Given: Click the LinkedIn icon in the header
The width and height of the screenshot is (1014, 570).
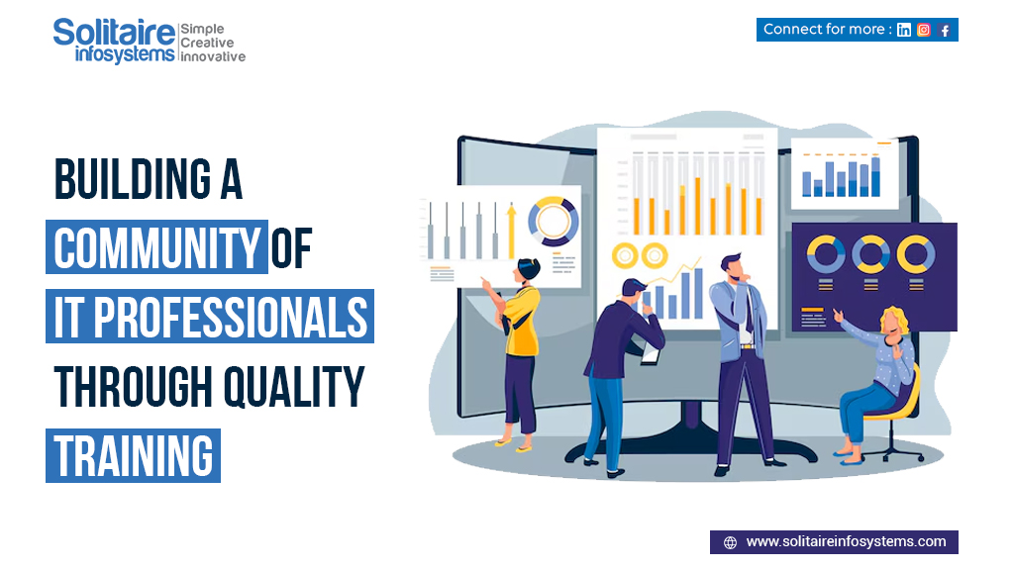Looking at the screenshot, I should click(904, 30).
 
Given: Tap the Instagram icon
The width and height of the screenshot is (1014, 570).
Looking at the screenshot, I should click(924, 30).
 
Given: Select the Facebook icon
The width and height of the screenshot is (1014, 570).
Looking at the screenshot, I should click(945, 30).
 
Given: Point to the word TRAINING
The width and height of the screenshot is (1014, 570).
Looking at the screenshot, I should click(134, 455).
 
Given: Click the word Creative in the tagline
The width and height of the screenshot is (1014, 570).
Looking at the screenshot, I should click(207, 44).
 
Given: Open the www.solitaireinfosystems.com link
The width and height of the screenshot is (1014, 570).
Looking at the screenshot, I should click(846, 541).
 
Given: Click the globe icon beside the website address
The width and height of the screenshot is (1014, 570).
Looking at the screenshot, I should click(730, 542).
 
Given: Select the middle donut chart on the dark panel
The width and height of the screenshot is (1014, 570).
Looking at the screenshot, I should click(871, 255).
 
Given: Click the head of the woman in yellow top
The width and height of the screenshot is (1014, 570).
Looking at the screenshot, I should click(529, 270).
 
